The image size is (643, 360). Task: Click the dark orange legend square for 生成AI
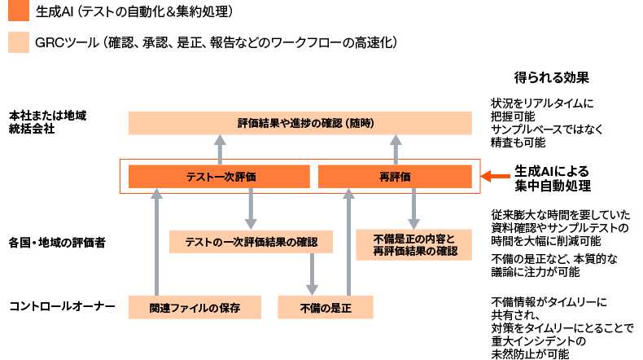pyautogui.click(x=19, y=11)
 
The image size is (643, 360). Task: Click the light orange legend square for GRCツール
pyautogui.click(x=19, y=42)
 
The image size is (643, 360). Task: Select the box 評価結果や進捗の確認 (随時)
pyautogui.click(x=300, y=123)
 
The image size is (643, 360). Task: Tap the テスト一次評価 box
pyautogui.click(x=219, y=176)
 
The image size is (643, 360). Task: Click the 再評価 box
pyautogui.click(x=394, y=176)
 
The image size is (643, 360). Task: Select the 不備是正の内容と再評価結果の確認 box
pyautogui.click(x=413, y=244)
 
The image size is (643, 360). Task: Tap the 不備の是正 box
pyautogui.click(x=325, y=307)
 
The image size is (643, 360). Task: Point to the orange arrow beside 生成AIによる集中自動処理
pyautogui.click(x=495, y=176)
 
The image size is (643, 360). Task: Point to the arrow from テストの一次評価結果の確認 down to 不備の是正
pyautogui.click(x=312, y=274)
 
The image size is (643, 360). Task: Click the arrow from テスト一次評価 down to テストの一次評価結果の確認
pyautogui.click(x=252, y=209)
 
